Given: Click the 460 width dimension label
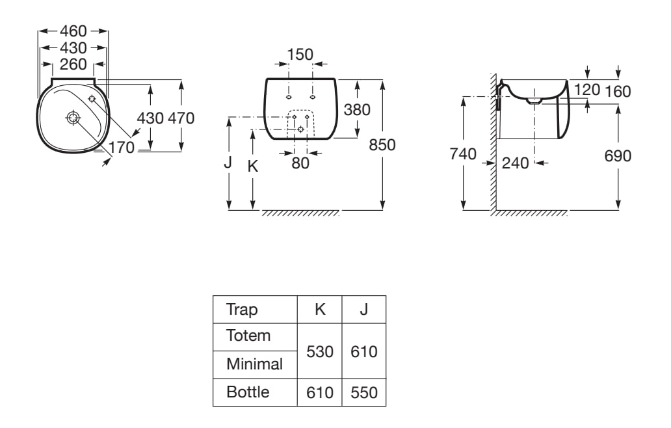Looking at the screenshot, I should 73,31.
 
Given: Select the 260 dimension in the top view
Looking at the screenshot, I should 73,64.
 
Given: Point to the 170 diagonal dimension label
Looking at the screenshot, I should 121,148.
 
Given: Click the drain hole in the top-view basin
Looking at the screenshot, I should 72,118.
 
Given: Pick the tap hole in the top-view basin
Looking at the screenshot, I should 92,100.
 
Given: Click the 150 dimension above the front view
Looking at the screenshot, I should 300,54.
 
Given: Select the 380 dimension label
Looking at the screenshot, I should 356,110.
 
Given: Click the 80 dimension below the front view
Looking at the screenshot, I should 300,163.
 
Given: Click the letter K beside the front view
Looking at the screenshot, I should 254,167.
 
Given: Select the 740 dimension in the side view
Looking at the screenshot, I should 464,154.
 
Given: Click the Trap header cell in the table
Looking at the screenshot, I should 241,310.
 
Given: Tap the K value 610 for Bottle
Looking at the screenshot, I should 320,394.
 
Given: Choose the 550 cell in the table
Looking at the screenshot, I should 364,394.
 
